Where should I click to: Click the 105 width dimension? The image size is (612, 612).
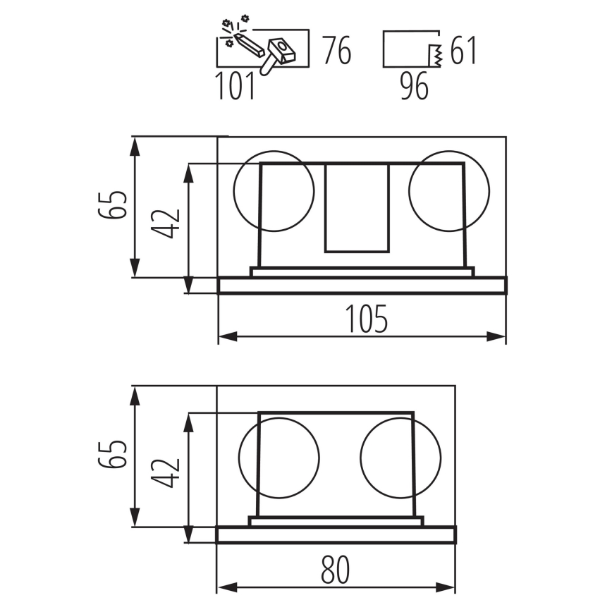coord(367,319)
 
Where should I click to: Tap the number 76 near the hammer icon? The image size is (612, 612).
coord(337,50)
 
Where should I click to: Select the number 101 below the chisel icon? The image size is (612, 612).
coord(235,85)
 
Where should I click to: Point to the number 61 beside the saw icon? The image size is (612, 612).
coord(463,50)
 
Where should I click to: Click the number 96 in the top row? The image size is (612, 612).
coord(415,86)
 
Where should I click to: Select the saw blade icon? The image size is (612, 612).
coord(436,56)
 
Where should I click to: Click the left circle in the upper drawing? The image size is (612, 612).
coord(274,191)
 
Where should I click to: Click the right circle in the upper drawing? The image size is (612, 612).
coord(449,191)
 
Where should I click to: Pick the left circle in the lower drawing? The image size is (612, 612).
coord(279,458)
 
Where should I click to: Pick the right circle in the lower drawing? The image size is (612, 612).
coord(401,458)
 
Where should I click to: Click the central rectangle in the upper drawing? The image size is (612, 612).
coord(357,208)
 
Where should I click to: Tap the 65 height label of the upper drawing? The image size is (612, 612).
coord(112,205)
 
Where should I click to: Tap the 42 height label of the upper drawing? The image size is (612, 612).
coord(166,224)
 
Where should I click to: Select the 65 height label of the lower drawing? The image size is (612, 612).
coord(112,454)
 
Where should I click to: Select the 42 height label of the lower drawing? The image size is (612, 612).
coord(166,473)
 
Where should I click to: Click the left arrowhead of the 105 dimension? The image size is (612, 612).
coord(228,336)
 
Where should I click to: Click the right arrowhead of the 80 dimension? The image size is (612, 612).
coord(446,587)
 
